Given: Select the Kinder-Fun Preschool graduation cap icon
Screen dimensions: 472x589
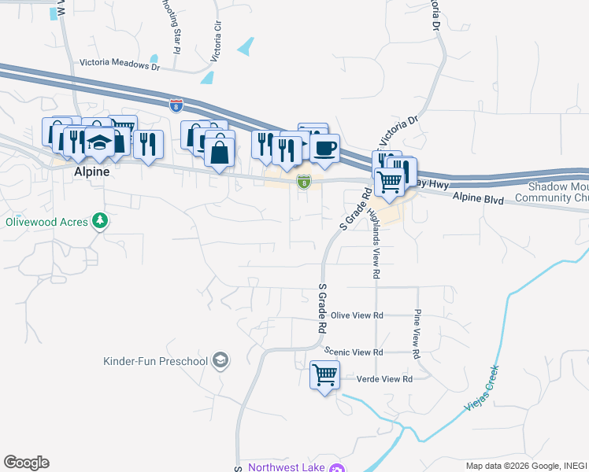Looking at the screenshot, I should click(221, 361).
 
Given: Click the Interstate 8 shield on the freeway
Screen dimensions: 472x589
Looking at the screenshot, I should click(176, 102).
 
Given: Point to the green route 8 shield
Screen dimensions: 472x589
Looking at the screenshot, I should click(303, 182).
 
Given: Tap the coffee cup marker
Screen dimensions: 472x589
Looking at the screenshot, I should click(324, 147).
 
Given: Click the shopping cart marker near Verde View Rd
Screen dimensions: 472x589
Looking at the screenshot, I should click(324, 375).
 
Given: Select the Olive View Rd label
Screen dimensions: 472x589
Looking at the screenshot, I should click(357, 315).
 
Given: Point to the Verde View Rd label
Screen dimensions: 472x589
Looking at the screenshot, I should click(386, 378).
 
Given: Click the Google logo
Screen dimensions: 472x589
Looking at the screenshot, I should click(26, 463).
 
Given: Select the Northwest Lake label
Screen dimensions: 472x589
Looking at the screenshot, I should click(287, 467).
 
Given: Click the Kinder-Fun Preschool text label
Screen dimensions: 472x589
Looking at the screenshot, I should click(155, 362).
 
